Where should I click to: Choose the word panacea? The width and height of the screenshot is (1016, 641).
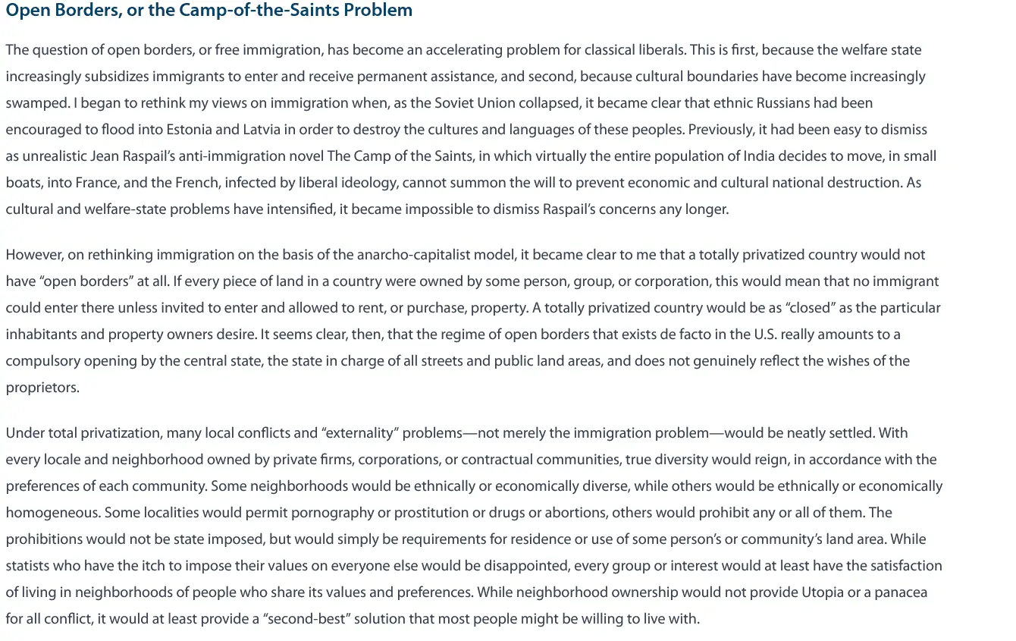(x=899, y=592)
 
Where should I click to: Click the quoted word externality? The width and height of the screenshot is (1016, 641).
(x=360, y=433)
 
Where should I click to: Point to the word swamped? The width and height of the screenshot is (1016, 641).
(x=35, y=103)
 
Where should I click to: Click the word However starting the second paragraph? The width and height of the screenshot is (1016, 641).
(x=33, y=255)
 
